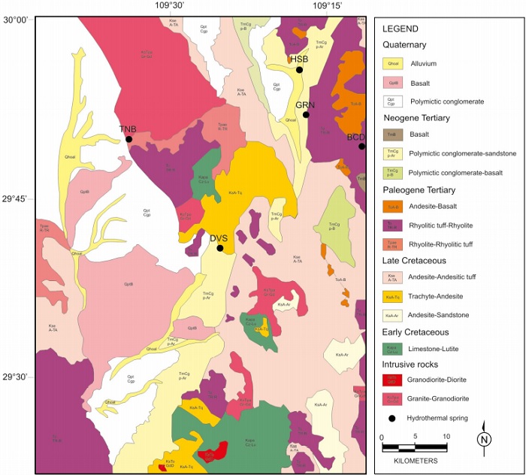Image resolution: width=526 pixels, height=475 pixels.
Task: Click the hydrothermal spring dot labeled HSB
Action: pos(299,70)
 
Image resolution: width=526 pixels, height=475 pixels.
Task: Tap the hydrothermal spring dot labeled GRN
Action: pos(307,115)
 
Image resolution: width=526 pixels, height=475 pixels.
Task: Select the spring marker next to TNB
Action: pos(129,139)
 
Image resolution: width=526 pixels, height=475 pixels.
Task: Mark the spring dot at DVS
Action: pos(220,248)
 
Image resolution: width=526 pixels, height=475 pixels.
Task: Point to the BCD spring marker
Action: pos(361,147)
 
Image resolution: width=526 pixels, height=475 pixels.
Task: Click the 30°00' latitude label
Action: pos(17,20)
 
